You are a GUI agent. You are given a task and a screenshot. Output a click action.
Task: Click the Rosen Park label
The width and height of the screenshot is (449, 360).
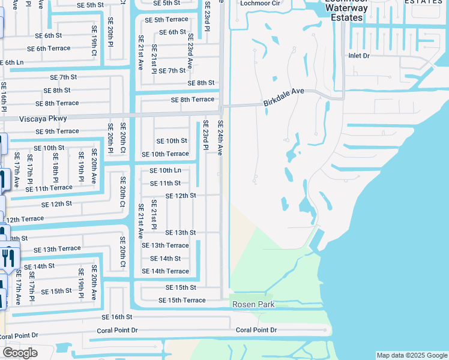[253, 305]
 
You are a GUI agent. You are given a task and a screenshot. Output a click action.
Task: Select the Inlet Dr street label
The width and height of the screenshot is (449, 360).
[360, 55]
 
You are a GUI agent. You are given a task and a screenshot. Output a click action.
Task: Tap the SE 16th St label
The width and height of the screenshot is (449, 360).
[116, 317]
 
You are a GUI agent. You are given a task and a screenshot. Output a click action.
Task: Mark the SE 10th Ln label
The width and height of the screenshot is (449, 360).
[165, 170]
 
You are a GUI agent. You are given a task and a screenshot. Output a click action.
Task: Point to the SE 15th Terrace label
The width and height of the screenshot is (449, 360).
[182, 300]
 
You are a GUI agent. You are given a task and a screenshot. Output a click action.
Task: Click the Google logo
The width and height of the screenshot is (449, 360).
[20, 353]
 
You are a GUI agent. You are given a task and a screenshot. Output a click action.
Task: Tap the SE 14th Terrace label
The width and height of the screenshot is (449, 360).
[165, 271]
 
